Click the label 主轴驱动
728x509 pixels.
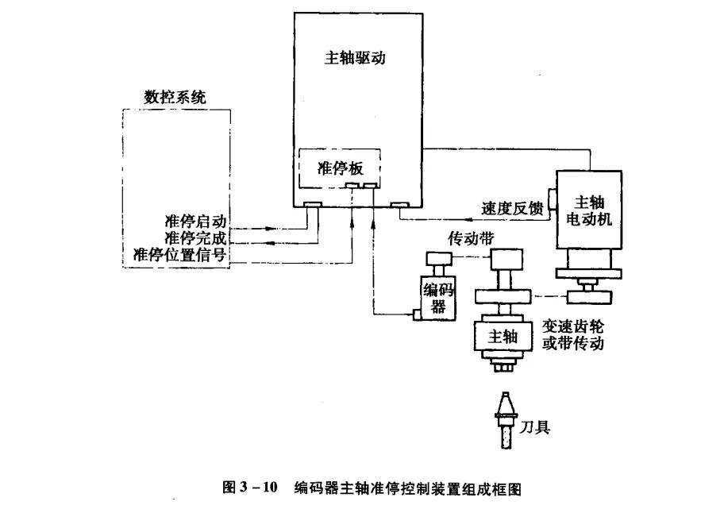point(356,58)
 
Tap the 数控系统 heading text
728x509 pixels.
point(175,98)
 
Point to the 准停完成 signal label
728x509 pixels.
point(195,237)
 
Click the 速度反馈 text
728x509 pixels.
point(512,210)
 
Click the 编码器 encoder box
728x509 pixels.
point(438,297)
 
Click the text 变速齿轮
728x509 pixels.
point(573,326)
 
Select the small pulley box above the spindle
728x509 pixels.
point(506,260)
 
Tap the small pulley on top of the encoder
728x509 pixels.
point(438,258)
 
